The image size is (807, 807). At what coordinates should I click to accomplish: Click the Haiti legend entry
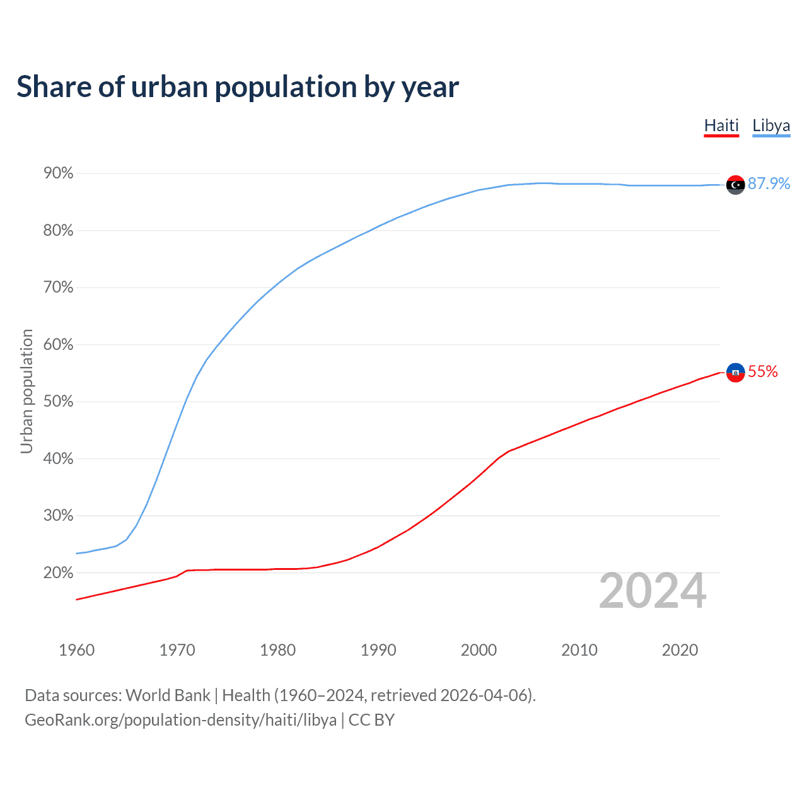click(721, 125)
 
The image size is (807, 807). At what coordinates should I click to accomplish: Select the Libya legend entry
click(771, 125)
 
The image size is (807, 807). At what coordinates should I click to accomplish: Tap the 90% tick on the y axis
click(58, 173)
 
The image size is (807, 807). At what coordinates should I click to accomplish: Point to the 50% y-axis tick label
click(58, 402)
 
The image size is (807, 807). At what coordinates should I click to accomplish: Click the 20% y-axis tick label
click(58, 573)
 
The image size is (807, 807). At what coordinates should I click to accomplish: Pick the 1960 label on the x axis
click(76, 650)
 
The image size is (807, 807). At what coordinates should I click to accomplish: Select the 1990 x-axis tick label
click(378, 650)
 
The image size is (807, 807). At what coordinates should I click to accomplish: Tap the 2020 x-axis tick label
click(680, 650)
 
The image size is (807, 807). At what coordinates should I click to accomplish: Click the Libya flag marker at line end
click(735, 185)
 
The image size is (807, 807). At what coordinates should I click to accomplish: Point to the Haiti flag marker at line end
click(735, 373)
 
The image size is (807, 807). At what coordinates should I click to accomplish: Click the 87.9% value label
click(769, 183)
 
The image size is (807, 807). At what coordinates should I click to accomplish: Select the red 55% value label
click(763, 372)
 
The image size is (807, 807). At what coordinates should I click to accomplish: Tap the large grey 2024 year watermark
click(653, 591)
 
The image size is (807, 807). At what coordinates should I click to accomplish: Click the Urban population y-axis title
click(26, 391)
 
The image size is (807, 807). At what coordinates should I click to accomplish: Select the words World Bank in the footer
click(168, 695)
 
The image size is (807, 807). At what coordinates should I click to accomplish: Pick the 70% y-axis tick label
click(58, 287)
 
